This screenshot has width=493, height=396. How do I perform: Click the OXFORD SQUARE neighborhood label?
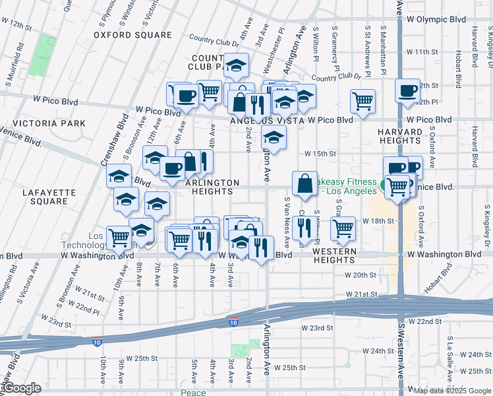click(132, 34)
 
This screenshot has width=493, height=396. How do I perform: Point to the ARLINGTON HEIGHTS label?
click(212, 187)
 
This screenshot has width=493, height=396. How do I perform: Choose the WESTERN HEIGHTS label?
click(334, 255)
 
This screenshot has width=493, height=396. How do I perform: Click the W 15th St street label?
click(320, 153)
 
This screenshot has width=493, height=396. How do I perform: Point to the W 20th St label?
click(359, 274)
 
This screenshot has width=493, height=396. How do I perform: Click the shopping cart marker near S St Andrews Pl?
click(362, 101)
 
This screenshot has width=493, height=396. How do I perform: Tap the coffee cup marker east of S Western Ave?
click(407, 90)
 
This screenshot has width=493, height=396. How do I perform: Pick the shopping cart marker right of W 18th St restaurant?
click(343, 228)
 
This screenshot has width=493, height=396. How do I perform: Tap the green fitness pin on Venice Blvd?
click(382, 182)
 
